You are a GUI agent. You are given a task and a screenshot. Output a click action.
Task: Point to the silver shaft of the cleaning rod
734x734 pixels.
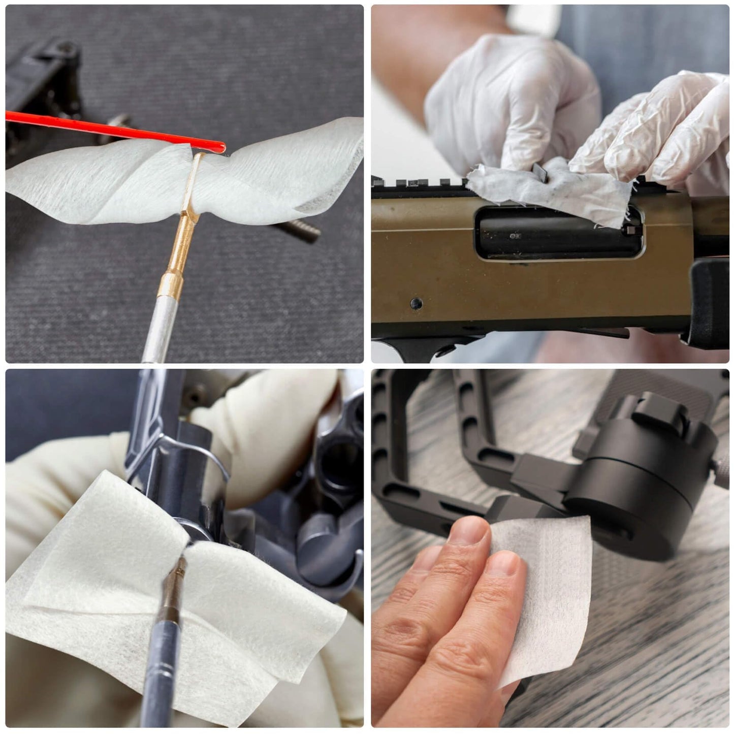[158, 330]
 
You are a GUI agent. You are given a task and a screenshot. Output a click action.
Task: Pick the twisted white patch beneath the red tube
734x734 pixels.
[102, 183]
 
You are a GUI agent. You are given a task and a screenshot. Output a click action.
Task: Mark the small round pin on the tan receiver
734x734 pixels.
[416, 304]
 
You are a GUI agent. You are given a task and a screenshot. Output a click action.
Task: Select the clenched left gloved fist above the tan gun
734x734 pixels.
[508, 102]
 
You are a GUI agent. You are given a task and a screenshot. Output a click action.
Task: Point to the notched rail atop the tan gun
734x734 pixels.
[422, 184]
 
